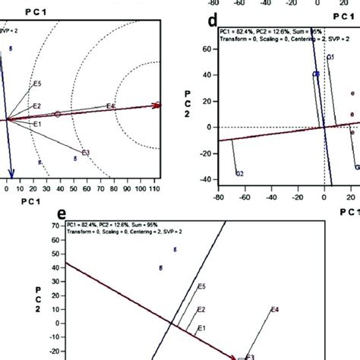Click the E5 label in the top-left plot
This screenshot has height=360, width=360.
point(38,83)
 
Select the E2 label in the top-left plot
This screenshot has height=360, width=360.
point(36,106)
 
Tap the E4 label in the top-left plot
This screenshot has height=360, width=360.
point(111,106)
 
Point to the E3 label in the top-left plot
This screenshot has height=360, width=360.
point(86,153)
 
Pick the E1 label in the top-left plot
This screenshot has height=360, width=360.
point(36,124)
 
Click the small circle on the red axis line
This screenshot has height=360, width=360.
point(57,114)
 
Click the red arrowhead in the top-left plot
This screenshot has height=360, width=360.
point(157,106)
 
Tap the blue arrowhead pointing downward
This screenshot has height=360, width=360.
point(11,172)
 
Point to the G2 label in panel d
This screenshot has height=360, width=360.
point(239,174)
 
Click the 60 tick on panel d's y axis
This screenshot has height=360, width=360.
point(204,49)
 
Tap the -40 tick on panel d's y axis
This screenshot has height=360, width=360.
point(202,180)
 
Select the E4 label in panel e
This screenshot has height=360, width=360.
point(276,310)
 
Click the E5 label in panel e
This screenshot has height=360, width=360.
point(201,286)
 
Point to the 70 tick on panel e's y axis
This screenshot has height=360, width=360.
point(53,226)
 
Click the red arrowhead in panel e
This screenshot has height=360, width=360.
point(234,355)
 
